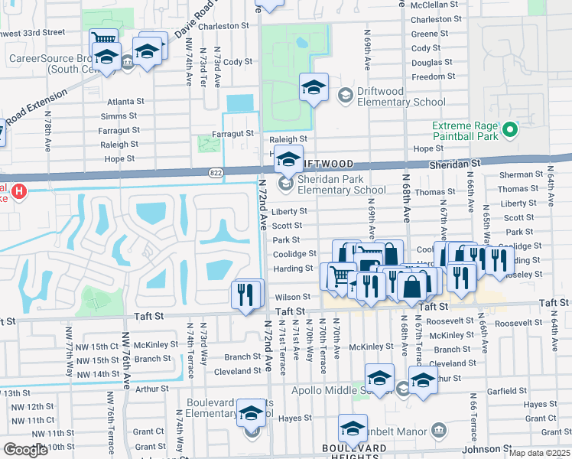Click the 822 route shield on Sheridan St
216,174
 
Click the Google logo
25,449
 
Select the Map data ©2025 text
539,453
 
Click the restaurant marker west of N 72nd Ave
245,295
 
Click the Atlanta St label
125,101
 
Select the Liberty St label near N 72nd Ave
289,211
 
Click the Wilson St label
293,297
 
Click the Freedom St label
433,76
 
